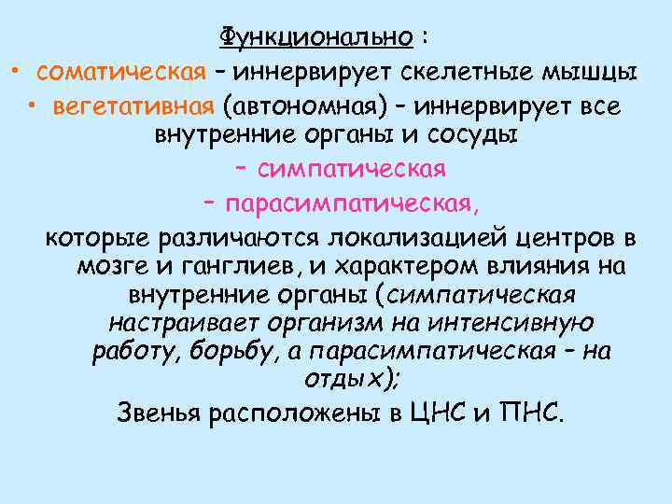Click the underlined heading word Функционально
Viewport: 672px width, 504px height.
(316, 37)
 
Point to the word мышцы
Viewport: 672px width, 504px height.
(595, 73)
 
